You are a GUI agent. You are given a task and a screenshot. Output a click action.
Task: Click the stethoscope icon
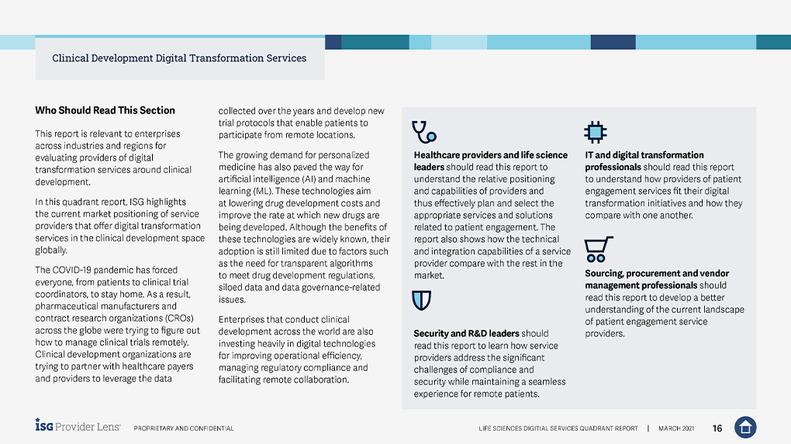(423, 132)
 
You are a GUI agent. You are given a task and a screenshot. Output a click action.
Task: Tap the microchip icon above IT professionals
(595, 132)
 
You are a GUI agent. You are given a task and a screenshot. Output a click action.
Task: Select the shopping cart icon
(599, 249)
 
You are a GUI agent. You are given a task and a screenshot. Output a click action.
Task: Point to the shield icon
(422, 300)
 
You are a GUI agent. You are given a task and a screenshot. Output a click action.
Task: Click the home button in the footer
(744, 427)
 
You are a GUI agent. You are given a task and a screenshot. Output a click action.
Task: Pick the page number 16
(717, 428)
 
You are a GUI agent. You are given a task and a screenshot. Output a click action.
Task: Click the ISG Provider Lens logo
(78, 426)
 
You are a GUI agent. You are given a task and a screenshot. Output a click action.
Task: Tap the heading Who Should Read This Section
(105, 110)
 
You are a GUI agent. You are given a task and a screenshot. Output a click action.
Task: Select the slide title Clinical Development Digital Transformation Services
(179, 58)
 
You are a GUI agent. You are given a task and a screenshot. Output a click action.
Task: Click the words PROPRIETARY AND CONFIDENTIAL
(184, 428)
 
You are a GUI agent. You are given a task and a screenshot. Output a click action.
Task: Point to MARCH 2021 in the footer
(676, 428)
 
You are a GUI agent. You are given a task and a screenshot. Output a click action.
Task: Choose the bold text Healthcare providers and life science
(490, 155)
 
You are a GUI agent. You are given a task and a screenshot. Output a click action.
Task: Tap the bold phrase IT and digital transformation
(644, 155)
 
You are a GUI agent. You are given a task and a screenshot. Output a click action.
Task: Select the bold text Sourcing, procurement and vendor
(657, 273)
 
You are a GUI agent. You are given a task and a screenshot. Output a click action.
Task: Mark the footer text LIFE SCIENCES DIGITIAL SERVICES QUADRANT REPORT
(558, 428)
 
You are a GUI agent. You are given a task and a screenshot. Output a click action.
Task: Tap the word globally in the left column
(51, 251)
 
